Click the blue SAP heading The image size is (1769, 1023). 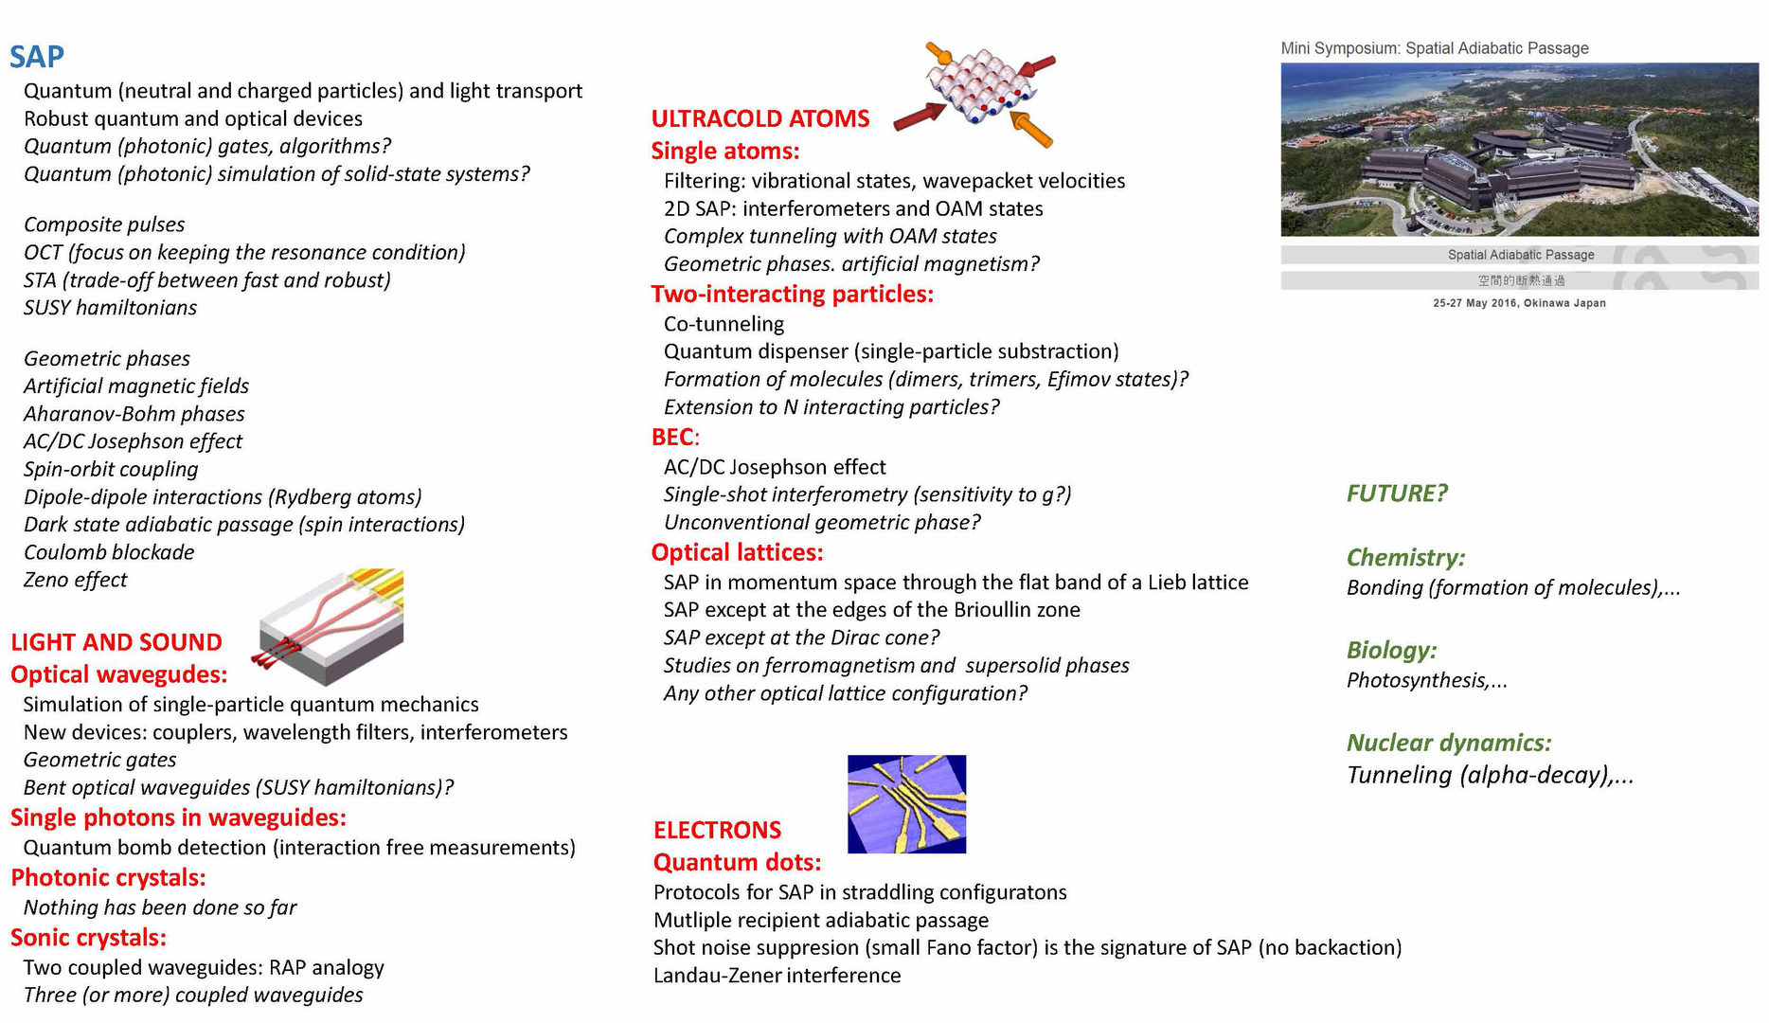[x=37, y=57]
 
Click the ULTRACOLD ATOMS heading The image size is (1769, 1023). [x=759, y=118]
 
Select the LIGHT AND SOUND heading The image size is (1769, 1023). [x=116, y=642]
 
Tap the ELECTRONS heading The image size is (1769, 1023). [x=717, y=830]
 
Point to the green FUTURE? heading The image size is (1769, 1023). [x=1397, y=494]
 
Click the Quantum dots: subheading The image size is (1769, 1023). [x=737, y=862]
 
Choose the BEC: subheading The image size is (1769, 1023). [x=674, y=437]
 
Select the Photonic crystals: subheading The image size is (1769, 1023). [x=108, y=877]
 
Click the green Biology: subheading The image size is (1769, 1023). [x=1391, y=650]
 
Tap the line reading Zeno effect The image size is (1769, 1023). [x=75, y=580]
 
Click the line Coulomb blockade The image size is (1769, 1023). [x=109, y=552]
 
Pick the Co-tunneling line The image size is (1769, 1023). [x=724, y=324]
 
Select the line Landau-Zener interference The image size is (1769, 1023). [x=777, y=976]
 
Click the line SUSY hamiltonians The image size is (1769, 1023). [x=110, y=308]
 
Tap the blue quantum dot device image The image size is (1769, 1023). [x=906, y=803]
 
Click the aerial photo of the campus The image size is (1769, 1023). [x=1519, y=149]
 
